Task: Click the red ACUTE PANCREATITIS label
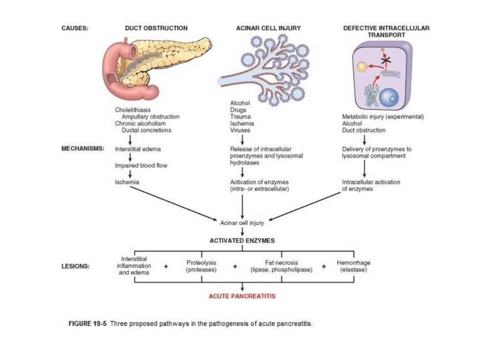pos(242,296)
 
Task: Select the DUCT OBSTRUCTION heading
pos(156,28)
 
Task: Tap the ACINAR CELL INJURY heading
pos(268,28)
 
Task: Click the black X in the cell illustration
pos(386,60)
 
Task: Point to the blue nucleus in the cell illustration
pos(389,97)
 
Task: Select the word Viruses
pos(240,130)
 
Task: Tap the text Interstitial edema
pos(138,150)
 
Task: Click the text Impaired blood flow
pos(141,165)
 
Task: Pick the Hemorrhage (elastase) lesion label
pos(353,266)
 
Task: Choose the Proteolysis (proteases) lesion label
pos(201,266)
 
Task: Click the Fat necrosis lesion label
pos(281,266)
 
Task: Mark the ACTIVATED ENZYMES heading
pos(242,240)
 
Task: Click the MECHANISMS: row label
pos(83,149)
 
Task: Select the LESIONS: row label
pos(76,266)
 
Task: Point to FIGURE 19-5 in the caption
pos(89,324)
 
